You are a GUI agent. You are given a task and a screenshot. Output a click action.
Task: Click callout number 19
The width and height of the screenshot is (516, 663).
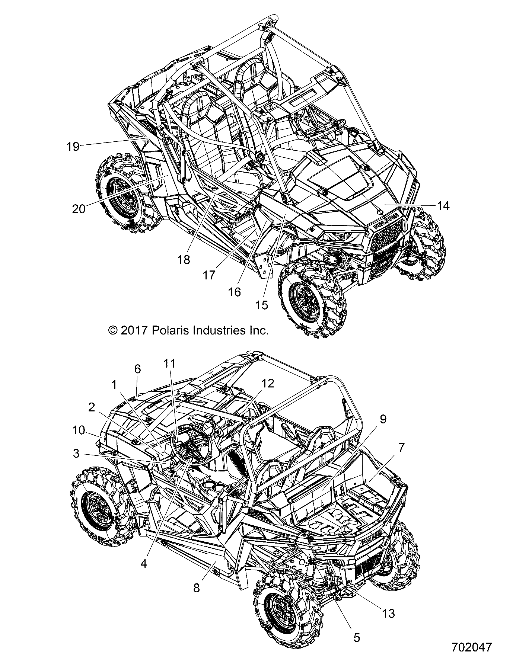(73, 147)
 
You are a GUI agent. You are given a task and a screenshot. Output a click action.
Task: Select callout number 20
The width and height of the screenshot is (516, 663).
(79, 209)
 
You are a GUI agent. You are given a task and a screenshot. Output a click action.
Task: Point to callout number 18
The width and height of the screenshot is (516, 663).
(184, 259)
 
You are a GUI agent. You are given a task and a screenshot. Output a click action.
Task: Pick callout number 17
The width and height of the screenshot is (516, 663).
(209, 275)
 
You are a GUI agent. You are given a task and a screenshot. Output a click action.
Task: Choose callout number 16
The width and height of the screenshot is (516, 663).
(235, 292)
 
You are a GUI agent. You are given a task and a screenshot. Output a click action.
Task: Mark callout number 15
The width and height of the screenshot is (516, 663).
(262, 305)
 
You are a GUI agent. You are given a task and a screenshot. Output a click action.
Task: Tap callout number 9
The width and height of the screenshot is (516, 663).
(383, 419)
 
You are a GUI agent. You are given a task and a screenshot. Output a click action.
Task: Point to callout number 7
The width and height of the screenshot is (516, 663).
(401, 448)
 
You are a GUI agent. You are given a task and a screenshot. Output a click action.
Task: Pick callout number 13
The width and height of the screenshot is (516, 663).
(388, 613)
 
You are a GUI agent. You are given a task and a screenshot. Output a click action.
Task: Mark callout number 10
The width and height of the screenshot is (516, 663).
(79, 430)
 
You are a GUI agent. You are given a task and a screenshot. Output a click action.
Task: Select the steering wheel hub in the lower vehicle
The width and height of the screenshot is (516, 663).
(190, 446)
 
